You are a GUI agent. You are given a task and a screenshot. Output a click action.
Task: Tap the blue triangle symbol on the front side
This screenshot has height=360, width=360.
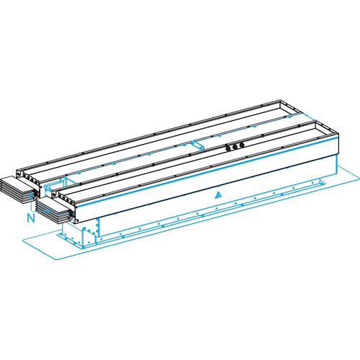coord(217,194)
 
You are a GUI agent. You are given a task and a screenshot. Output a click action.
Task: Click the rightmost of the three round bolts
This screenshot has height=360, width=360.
coord(242,145)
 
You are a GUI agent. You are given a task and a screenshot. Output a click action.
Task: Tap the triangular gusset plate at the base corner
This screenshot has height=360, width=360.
coord(89,235)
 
